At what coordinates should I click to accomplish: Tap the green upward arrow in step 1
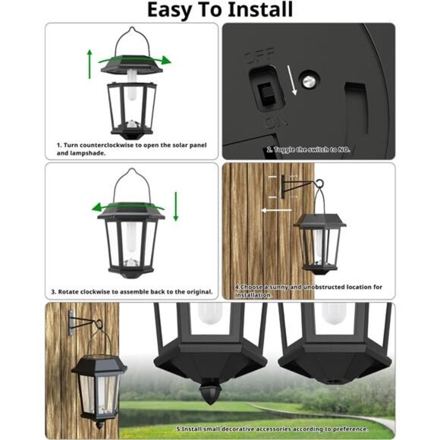pyautogui.click(x=90, y=64)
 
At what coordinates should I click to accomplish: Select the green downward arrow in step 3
pyautogui.click(x=176, y=206)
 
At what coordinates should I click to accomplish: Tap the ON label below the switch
pyautogui.click(x=271, y=121)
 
